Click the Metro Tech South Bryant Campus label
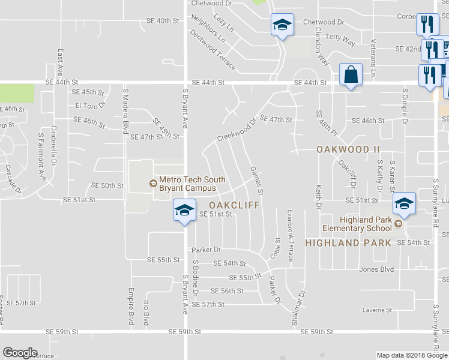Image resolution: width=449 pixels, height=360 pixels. tap(191, 184)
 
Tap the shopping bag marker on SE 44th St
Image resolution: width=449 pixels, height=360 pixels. tap(351, 75)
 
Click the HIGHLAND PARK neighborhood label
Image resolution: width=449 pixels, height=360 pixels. tap(348, 242)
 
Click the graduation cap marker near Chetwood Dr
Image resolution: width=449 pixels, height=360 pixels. tap(282, 25)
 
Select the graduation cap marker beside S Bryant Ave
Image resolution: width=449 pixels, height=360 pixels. tap(184, 210)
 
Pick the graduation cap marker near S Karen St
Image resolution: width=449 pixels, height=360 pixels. tap(405, 205)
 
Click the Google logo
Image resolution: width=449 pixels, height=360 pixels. tap(20, 352)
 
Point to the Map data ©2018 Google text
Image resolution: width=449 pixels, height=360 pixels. tap(411, 355)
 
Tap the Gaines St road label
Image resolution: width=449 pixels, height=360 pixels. tap(256, 181)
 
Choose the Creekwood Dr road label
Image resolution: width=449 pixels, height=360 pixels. tap(237, 130)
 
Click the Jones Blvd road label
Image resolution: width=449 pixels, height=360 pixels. tap(376, 269)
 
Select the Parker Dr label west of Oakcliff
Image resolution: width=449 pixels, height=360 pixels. tap(206, 249)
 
